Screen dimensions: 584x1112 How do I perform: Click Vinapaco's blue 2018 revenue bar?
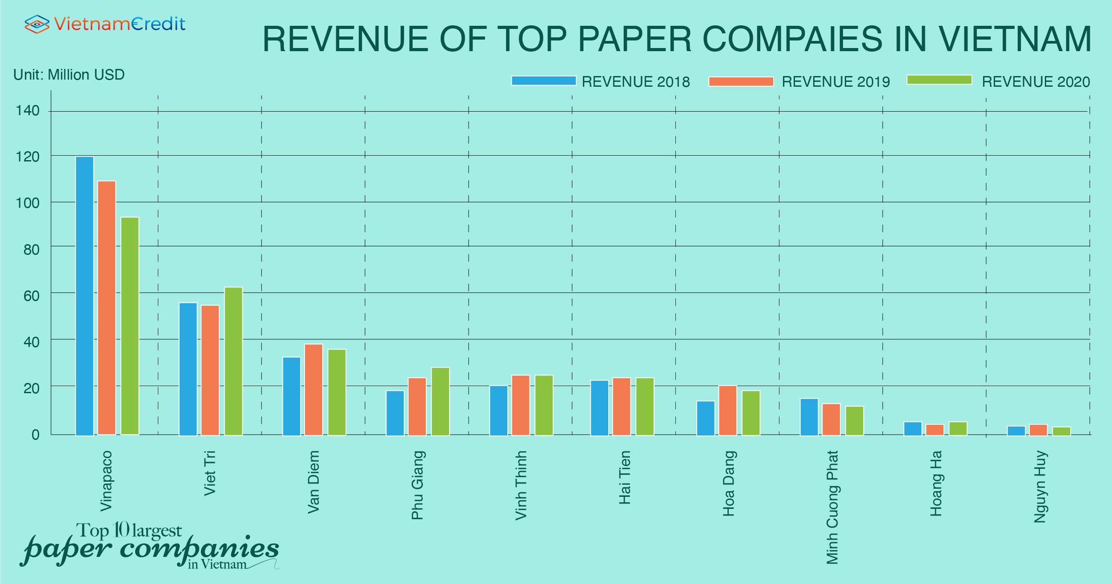click(x=84, y=296)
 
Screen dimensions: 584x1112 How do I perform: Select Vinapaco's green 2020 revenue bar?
click(x=130, y=326)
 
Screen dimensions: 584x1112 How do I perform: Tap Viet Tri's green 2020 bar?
click(x=233, y=361)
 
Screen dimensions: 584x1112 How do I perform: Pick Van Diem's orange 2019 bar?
click(x=313, y=389)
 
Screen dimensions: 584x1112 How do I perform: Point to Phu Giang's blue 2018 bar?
click(x=395, y=413)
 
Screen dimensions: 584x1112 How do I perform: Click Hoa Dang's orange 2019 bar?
click(x=727, y=410)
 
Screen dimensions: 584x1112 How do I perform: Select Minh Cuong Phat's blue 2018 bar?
click(x=809, y=417)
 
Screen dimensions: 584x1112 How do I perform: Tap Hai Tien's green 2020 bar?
click(x=645, y=406)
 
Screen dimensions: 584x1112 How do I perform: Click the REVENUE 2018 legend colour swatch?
click(x=543, y=81)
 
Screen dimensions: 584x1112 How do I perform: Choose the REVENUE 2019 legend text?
click(x=835, y=82)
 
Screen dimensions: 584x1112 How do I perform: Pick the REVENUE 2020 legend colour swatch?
click(x=939, y=80)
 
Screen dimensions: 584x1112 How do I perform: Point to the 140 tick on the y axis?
click(x=28, y=110)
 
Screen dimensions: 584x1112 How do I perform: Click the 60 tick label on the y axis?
click(x=31, y=296)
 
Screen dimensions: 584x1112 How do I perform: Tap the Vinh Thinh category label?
click(x=521, y=485)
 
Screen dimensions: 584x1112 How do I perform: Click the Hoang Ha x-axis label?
click(x=935, y=483)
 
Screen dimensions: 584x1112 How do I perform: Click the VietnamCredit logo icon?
click(x=36, y=24)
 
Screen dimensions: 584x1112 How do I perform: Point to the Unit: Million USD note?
click(x=69, y=75)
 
